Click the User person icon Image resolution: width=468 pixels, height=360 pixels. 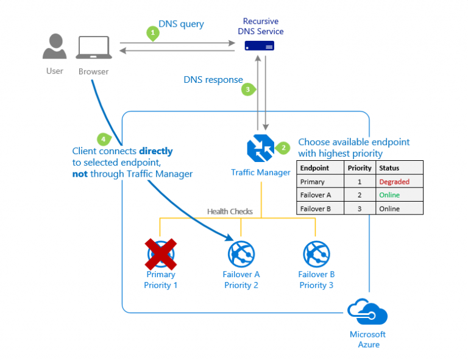coord(55,47)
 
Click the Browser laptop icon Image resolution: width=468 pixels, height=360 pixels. coord(93,48)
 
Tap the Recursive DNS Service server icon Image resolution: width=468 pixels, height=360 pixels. coord(260,45)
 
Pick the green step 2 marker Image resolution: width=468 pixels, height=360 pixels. coord(283,147)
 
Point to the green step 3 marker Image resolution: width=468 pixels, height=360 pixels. coord(247,90)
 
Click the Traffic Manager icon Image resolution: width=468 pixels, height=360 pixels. coord(260,149)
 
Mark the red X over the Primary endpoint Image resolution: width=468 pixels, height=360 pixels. coord(160,253)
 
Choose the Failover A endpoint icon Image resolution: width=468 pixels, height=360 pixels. coord(241,253)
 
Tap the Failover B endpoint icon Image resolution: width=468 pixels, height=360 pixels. coord(316,253)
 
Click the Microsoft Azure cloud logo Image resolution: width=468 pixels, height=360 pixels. coord(367,312)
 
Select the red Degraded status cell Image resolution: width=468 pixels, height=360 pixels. coord(394,182)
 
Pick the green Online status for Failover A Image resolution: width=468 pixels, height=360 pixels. coord(389,195)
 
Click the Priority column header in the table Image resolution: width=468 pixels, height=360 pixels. coord(359,168)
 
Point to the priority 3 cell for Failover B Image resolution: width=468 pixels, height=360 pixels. coord(359,208)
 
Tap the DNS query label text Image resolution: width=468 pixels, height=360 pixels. coord(181,24)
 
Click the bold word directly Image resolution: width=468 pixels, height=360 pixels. coord(156,151)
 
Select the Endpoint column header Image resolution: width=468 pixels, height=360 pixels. coord(315,168)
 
